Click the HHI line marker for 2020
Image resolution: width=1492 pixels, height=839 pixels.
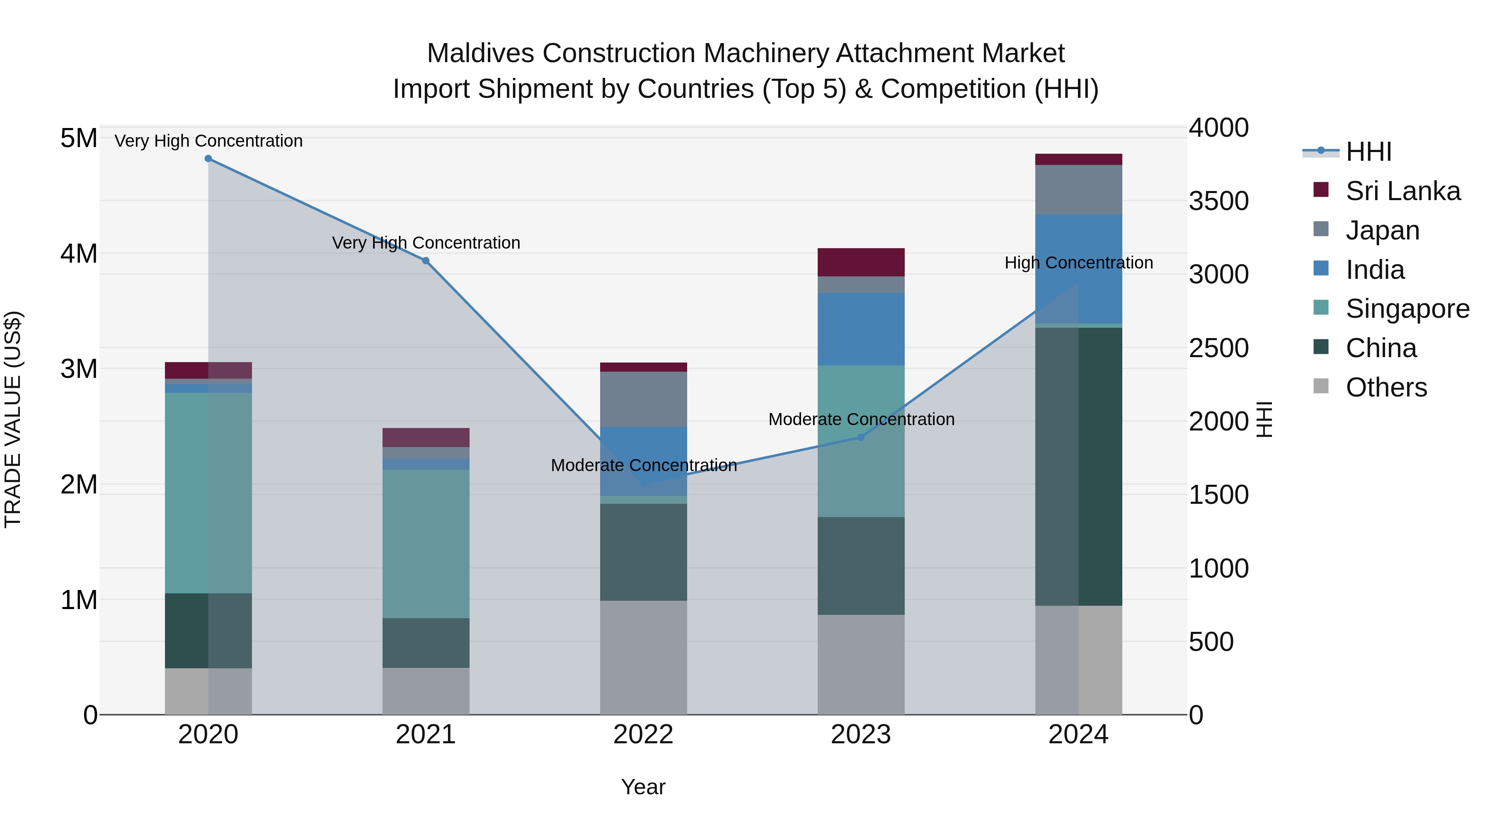coord(208,159)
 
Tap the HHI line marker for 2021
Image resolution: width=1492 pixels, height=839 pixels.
coord(426,261)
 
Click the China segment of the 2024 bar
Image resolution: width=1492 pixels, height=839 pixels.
coord(1078,466)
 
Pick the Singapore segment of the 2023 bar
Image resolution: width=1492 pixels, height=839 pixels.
coord(861,441)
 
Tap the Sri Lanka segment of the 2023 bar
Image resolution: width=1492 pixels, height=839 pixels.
coord(861,262)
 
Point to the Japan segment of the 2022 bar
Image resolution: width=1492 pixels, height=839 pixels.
coord(644,399)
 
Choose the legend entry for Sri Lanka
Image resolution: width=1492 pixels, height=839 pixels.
coord(1402,191)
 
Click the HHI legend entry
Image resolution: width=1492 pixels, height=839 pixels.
coord(1368,152)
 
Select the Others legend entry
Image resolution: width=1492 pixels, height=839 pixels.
coord(1386,387)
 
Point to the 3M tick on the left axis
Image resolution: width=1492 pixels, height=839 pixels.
coord(79,369)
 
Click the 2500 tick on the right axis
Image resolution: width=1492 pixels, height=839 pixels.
coord(1218,348)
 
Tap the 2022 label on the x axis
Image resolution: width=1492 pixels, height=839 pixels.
coord(644,735)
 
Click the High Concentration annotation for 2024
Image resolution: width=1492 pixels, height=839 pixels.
coord(1078,263)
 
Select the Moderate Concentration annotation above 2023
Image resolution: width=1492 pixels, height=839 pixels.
coord(861,419)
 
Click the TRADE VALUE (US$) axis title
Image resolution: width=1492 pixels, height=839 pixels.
coord(13,419)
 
